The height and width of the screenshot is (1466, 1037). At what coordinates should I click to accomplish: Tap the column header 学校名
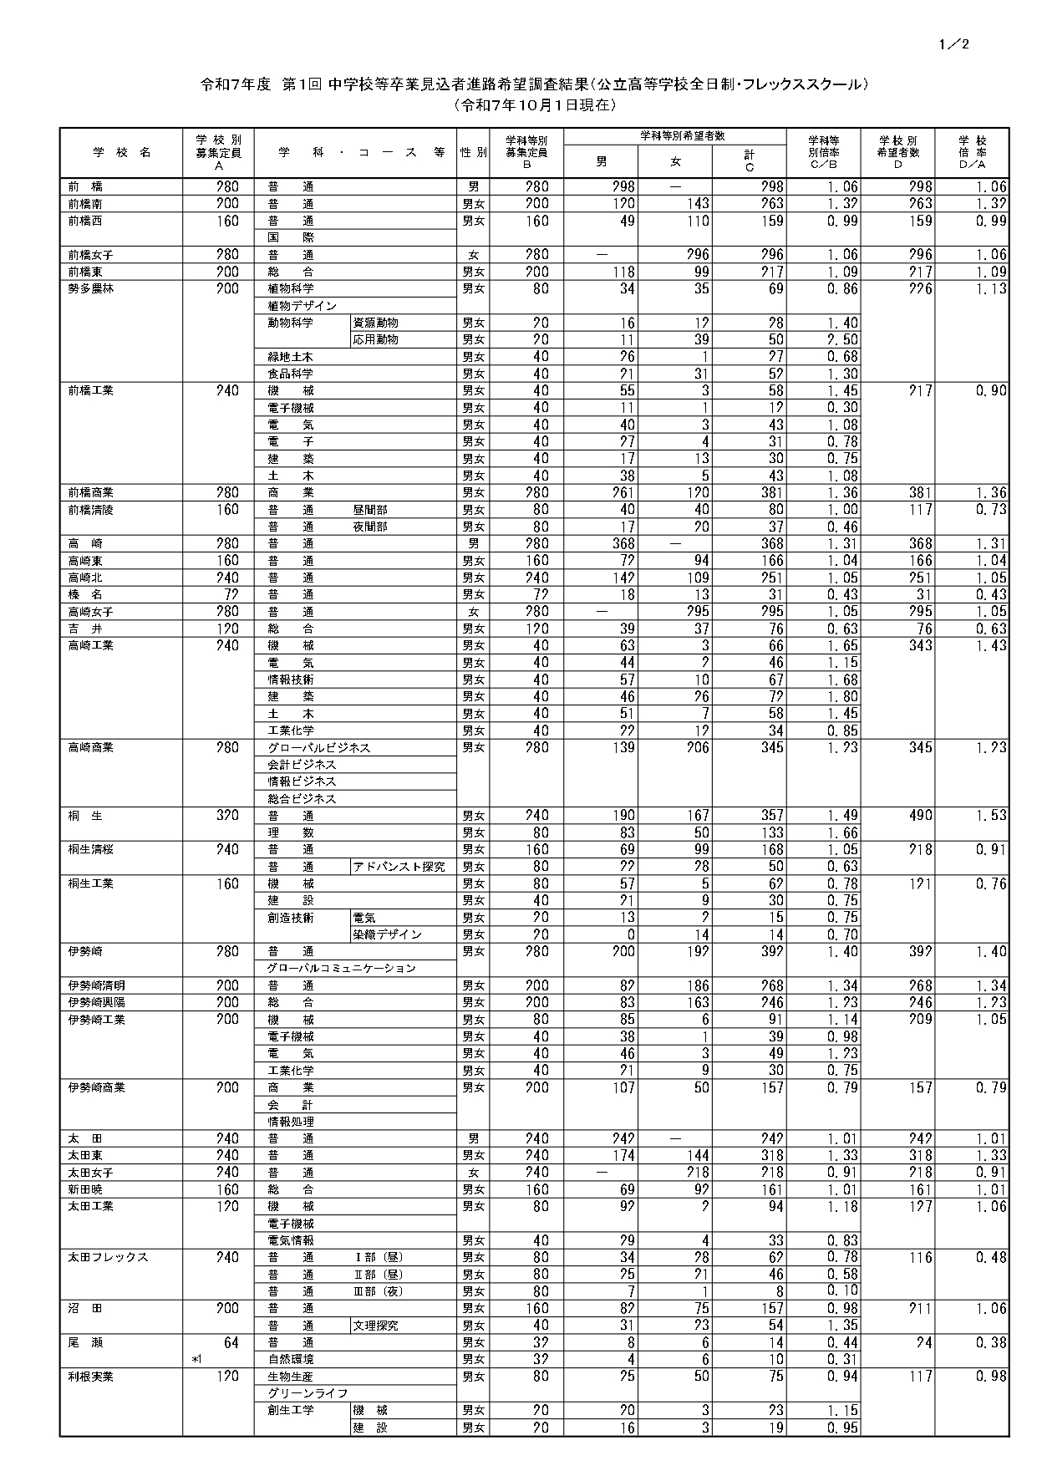click(x=122, y=153)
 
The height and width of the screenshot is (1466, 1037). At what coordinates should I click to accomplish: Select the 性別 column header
click(x=474, y=153)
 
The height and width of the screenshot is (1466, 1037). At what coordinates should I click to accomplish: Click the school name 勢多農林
click(x=86, y=289)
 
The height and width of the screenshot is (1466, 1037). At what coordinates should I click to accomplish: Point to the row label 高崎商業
click(x=91, y=748)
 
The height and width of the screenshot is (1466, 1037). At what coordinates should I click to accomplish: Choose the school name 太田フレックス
click(x=108, y=1258)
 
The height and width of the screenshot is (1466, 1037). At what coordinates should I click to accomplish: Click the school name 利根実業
click(x=91, y=1377)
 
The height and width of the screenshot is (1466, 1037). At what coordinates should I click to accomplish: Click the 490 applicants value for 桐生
click(x=920, y=816)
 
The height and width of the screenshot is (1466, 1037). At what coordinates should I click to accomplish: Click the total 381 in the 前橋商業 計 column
click(x=772, y=493)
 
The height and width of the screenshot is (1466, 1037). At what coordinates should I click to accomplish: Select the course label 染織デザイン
click(x=387, y=934)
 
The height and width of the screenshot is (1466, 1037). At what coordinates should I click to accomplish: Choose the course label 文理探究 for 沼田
click(x=375, y=1326)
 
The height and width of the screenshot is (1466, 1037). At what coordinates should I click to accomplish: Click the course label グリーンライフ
click(x=302, y=1393)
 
